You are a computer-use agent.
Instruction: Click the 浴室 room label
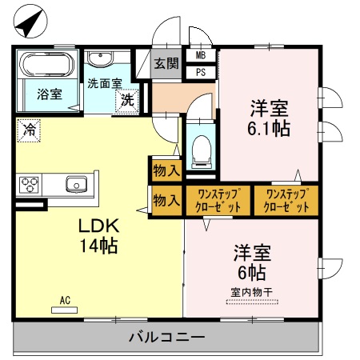49,94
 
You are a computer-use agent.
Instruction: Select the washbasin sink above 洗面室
101,59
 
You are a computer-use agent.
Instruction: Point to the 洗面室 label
104,82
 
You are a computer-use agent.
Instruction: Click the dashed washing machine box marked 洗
127,101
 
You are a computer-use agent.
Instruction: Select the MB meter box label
201,56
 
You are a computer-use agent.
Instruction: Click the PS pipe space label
201,71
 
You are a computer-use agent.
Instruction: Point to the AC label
66,300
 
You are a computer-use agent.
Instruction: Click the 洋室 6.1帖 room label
269,118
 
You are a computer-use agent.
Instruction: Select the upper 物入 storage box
166,170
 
